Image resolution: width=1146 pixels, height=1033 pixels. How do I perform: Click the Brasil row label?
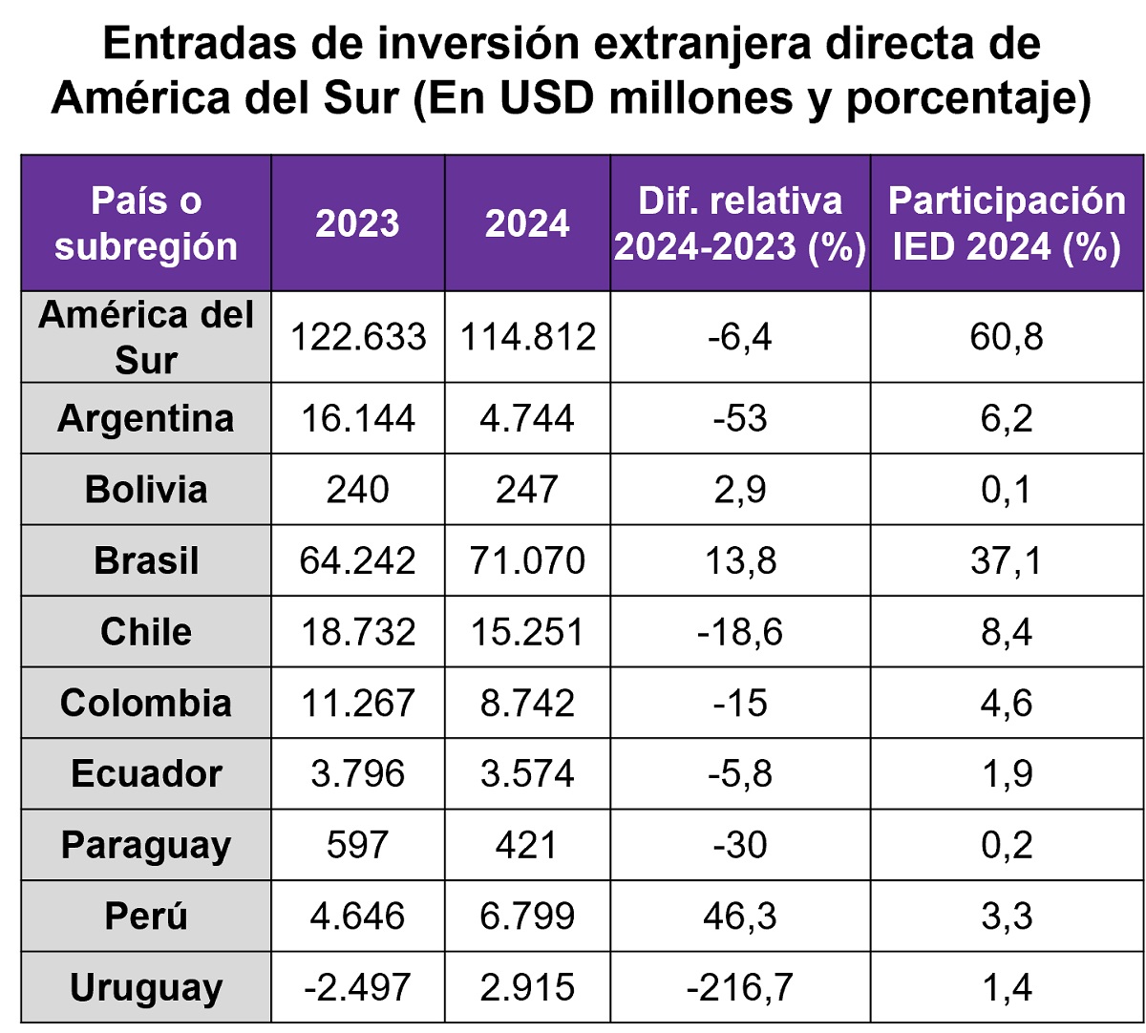click(x=146, y=560)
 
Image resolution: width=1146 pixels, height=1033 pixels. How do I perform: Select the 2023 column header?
click(x=357, y=223)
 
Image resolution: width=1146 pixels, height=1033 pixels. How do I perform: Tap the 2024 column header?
click(x=527, y=223)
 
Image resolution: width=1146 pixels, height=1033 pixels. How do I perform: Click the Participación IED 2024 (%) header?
click(x=1007, y=223)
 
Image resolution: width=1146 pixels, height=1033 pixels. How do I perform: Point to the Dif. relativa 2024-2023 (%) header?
click(x=740, y=223)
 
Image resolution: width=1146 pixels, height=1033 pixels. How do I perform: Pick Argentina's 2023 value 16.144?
click(x=357, y=418)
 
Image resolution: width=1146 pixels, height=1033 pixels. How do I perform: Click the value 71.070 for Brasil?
click(x=527, y=560)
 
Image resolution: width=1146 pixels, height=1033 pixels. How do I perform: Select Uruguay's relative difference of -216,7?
click(x=740, y=987)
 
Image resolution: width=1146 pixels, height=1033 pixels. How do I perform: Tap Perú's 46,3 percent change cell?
click(x=740, y=917)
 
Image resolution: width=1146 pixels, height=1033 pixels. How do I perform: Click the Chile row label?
click(x=146, y=632)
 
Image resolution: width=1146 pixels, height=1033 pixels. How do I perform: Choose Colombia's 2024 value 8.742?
click(x=527, y=703)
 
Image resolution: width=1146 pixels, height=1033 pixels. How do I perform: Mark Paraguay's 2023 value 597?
click(x=357, y=845)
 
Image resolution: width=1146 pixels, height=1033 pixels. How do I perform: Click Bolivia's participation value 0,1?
click(x=1007, y=490)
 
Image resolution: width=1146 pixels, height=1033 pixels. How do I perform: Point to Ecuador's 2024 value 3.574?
click(x=527, y=773)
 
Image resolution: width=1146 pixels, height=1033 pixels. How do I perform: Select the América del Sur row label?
click(x=146, y=338)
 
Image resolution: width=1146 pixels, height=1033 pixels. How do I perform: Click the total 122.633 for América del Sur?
click(x=357, y=337)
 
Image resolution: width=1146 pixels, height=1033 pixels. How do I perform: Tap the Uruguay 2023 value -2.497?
click(x=357, y=987)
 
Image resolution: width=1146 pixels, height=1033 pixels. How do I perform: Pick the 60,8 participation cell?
click(x=1007, y=337)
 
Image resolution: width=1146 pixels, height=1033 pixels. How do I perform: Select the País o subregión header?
click(x=146, y=223)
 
